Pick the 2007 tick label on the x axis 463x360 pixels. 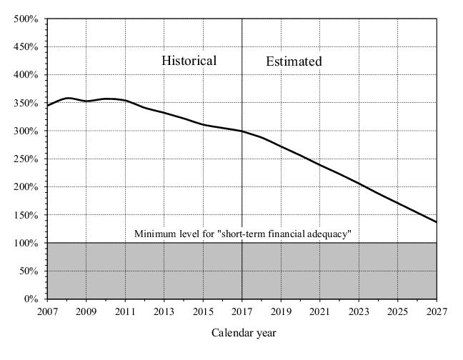pos(47,311)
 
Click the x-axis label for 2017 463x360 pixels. pos(242,311)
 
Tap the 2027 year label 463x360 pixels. pos(437,311)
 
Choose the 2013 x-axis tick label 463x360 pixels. pos(164,311)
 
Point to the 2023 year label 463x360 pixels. pos(359,311)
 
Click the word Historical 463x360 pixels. pos(189,61)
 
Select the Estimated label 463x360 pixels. pos(294,61)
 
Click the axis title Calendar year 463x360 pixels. pos(244,333)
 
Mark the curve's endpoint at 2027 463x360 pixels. pos(437,222)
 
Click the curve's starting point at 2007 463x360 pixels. pos(47,106)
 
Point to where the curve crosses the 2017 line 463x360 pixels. pos(242,131)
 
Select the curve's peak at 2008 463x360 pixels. pos(68,98)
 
